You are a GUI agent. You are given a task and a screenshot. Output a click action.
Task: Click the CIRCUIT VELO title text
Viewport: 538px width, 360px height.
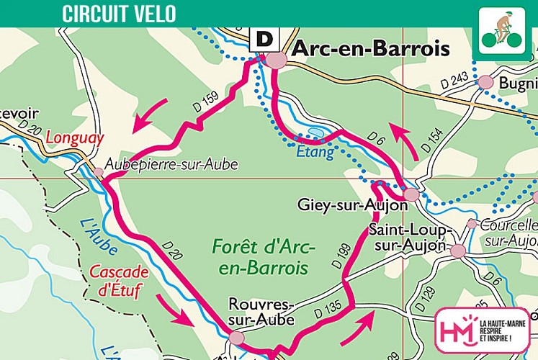point(118,13)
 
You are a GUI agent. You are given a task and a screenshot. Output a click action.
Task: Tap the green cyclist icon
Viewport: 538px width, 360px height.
point(502,32)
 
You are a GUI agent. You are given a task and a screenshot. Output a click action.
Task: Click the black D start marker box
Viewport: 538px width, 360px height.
point(264,40)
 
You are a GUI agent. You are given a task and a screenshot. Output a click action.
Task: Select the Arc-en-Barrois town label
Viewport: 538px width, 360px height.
point(370,49)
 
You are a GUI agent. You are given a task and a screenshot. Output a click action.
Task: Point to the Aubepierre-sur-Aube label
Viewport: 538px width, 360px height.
point(171,165)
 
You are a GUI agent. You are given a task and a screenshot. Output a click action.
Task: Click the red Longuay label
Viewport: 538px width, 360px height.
point(75,138)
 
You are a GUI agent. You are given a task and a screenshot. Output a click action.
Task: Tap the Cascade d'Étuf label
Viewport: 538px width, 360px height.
point(119,282)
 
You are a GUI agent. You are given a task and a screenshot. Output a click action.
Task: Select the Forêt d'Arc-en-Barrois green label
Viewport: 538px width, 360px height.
point(263,257)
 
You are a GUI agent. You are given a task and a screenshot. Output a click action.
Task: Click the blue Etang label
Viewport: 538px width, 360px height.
point(315,152)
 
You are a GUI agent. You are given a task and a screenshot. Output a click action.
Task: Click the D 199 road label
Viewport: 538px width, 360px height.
point(341,256)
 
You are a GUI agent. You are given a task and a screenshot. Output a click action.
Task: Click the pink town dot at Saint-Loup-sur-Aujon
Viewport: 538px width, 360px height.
point(457,251)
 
